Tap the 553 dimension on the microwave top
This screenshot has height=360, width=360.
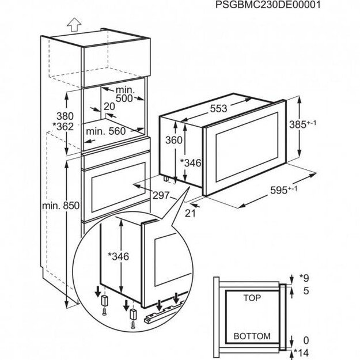218,108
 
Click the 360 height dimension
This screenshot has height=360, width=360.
173,140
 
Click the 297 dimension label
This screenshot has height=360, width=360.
161,195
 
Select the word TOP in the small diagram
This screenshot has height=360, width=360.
249,300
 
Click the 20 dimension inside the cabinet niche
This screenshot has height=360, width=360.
109,106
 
